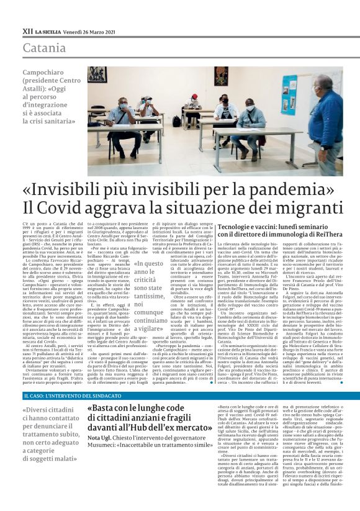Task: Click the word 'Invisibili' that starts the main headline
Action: coord(69,188)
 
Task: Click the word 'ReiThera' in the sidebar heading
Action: coord(323,235)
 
